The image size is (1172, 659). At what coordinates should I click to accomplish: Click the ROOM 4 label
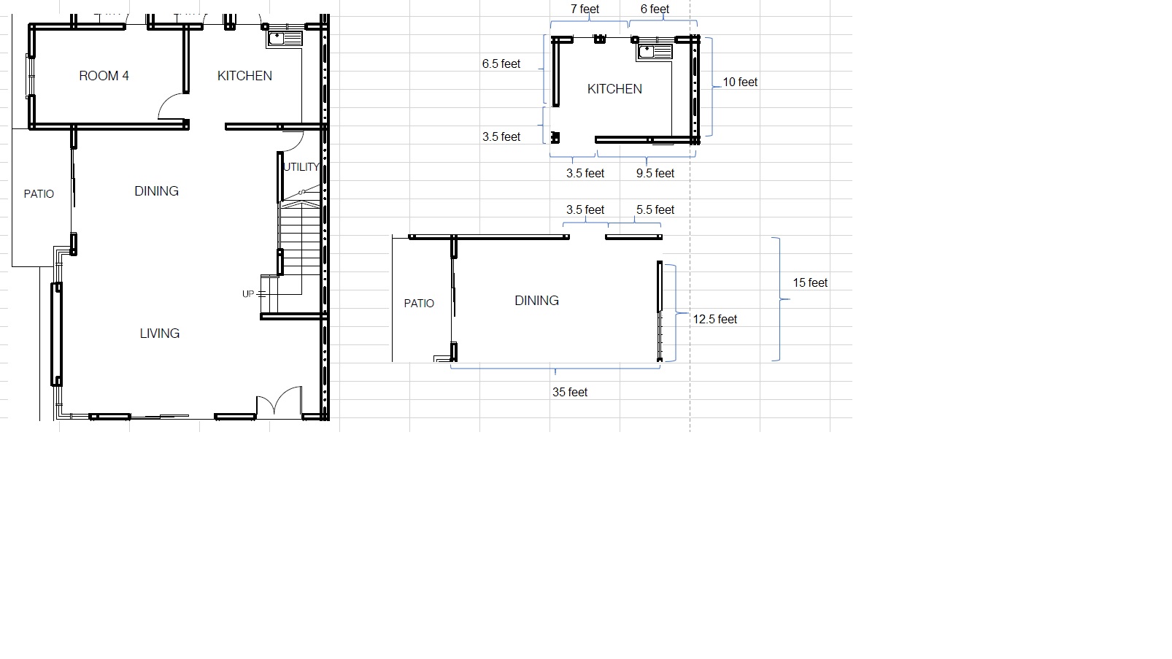(x=104, y=76)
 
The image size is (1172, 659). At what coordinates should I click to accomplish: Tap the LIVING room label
(x=160, y=334)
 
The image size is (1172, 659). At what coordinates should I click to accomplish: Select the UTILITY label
(x=301, y=167)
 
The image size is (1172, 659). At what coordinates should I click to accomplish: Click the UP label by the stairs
(x=248, y=294)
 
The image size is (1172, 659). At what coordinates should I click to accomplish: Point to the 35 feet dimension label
(x=570, y=392)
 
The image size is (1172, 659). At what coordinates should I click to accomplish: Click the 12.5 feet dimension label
(x=714, y=320)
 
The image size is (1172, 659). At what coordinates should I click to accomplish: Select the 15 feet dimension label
(x=810, y=283)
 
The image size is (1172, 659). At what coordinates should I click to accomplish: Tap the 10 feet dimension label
(x=740, y=82)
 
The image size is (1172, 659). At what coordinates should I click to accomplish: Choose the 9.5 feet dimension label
(x=655, y=173)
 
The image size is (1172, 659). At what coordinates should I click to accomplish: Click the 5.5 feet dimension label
(x=655, y=210)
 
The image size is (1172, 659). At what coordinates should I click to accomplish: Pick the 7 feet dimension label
(x=585, y=9)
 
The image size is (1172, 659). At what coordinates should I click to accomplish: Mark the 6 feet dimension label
(x=655, y=9)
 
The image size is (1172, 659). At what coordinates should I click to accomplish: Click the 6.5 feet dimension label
(x=501, y=64)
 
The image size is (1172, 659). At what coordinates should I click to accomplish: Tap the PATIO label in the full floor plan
(x=39, y=194)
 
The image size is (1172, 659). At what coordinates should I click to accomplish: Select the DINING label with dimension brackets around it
(x=537, y=301)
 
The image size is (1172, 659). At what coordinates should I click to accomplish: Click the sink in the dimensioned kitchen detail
(x=655, y=51)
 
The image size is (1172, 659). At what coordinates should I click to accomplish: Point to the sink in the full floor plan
(x=285, y=39)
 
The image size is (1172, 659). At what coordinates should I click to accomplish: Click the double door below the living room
(x=279, y=402)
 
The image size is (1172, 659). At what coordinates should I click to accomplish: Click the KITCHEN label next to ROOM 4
(x=244, y=76)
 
